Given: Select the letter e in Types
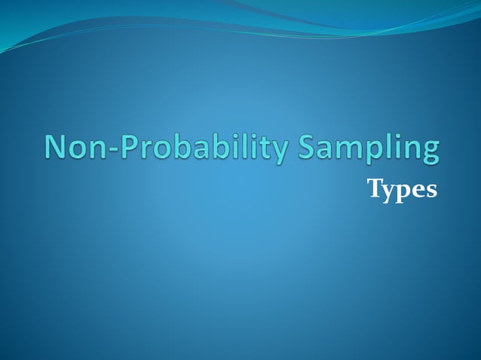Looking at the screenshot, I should (x=418, y=192).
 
